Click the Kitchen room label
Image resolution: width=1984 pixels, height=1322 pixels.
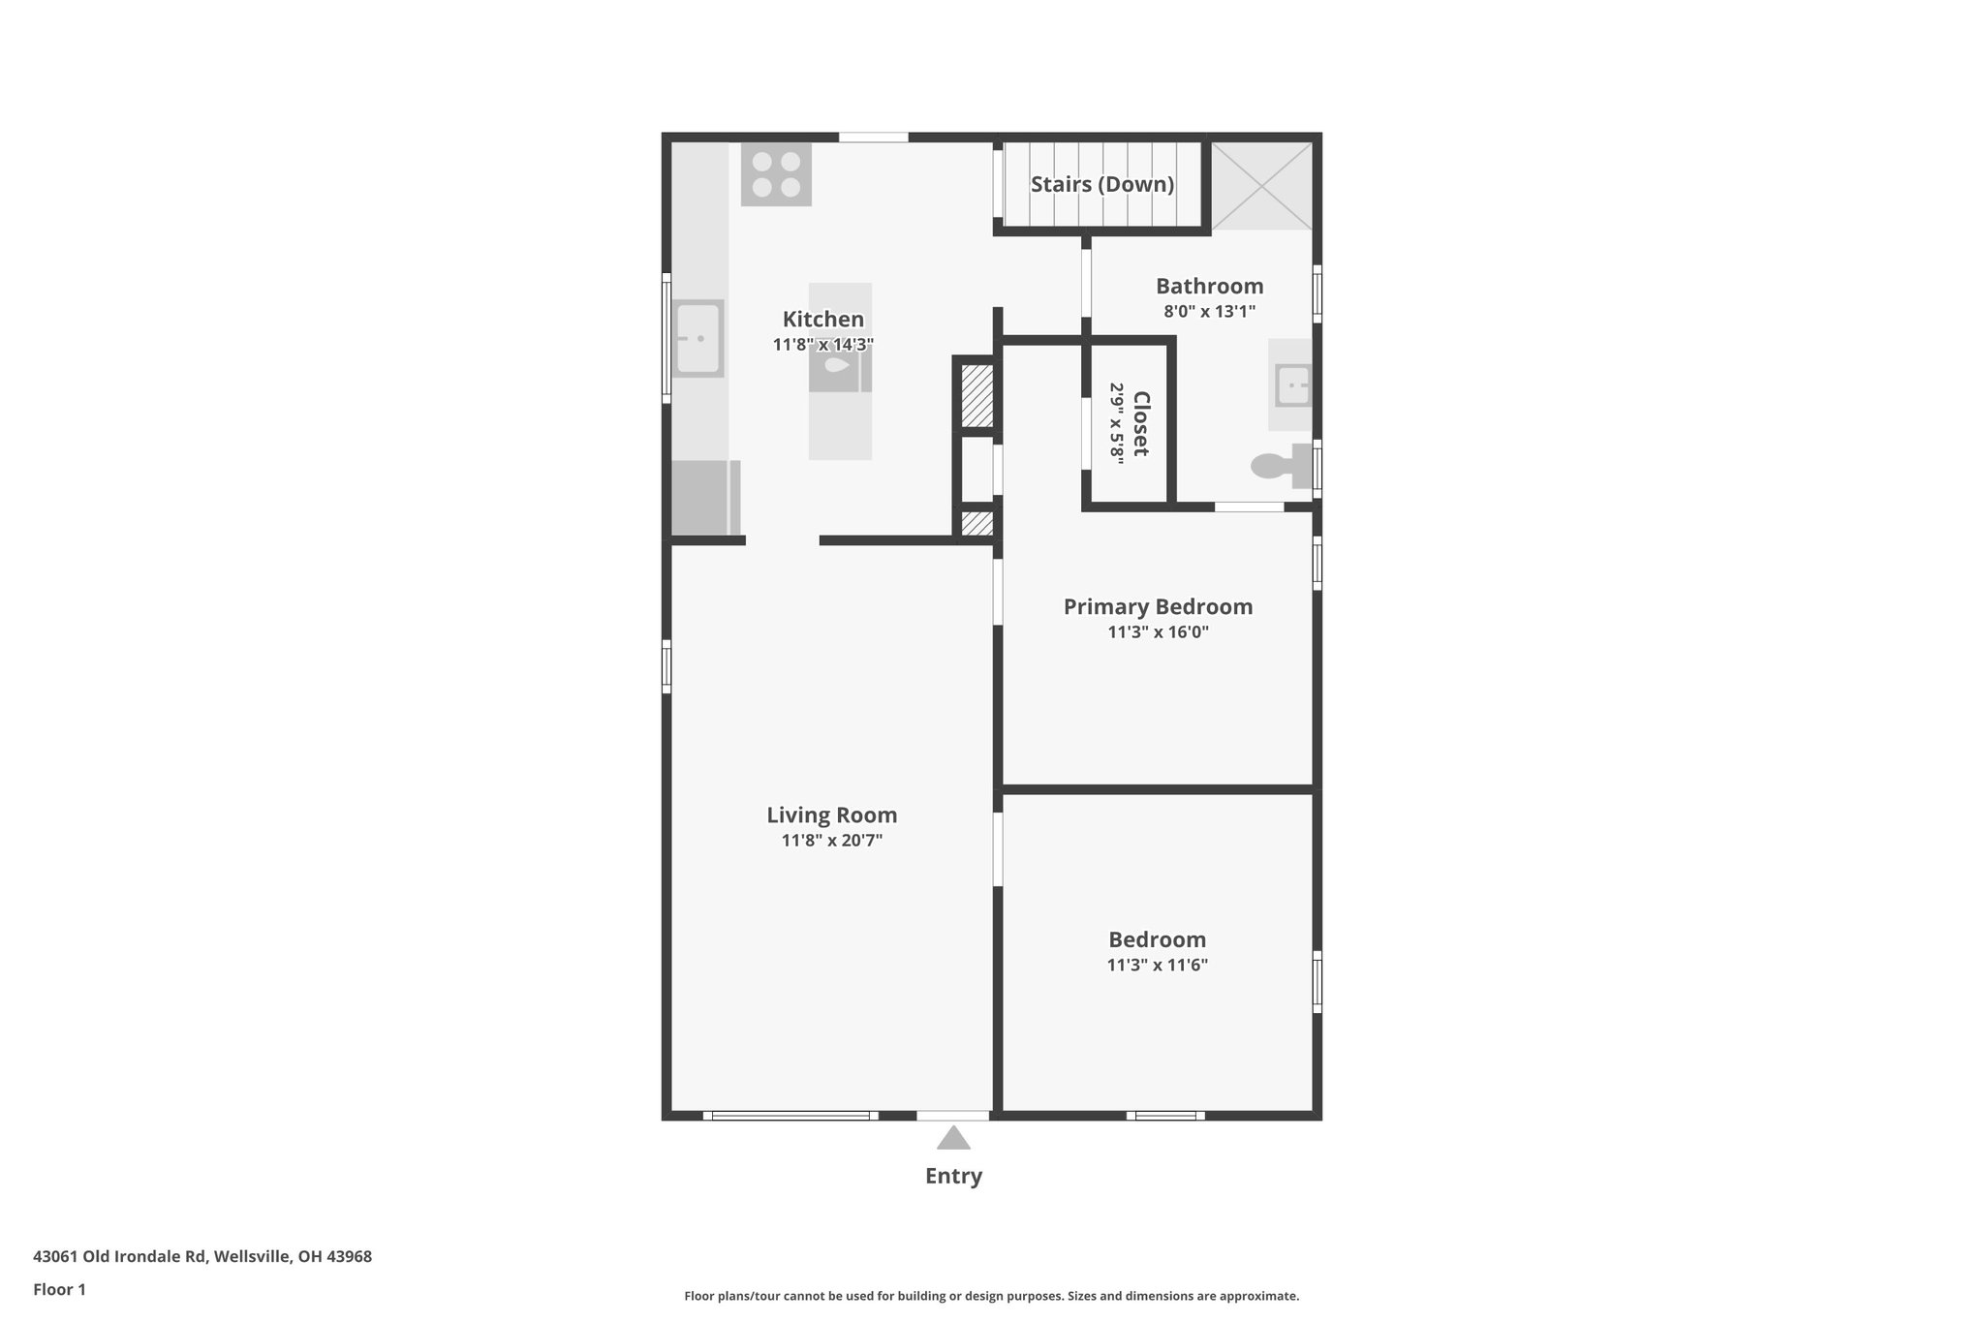[822, 320]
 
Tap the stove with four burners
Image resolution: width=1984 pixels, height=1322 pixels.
[776, 174]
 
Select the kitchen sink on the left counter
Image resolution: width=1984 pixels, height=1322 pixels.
[697, 338]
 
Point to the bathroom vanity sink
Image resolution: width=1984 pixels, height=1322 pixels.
[1292, 384]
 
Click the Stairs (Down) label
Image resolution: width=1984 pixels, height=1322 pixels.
[1101, 184]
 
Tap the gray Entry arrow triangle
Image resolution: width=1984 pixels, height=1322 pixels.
[953, 1138]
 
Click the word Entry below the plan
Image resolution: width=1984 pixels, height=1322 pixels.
[953, 1176]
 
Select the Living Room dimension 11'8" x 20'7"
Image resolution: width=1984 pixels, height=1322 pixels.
[831, 841]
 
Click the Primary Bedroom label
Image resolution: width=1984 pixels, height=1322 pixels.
[1158, 607]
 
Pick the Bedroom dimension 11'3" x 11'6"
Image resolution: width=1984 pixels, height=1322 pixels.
[1157, 966]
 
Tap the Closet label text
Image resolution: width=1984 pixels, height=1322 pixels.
[1141, 423]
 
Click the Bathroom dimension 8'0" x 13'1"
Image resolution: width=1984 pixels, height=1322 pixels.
[1209, 312]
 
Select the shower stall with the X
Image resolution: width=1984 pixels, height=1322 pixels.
[1261, 186]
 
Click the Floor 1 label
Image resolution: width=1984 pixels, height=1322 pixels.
[59, 1290]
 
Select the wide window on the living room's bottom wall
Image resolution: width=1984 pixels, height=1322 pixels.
[790, 1116]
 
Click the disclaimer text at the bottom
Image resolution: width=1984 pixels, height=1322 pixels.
[991, 1296]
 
